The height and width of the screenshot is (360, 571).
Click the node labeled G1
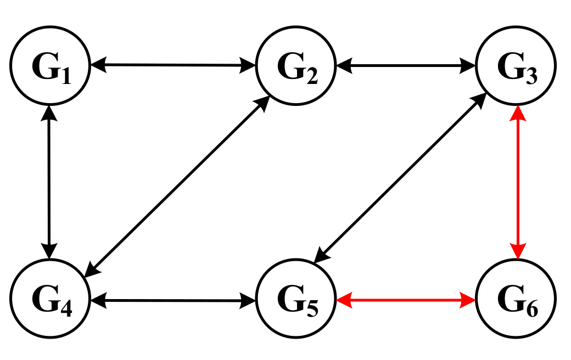click(x=50, y=66)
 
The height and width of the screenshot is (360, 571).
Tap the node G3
click(x=516, y=66)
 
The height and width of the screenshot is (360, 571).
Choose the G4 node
click(x=50, y=300)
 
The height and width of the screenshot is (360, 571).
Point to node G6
click(x=516, y=300)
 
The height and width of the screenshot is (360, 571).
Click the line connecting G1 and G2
click(x=173, y=66)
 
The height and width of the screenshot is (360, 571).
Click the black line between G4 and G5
click(x=173, y=300)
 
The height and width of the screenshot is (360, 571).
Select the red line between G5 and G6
click(x=406, y=300)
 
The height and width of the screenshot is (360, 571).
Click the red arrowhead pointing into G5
click(x=344, y=300)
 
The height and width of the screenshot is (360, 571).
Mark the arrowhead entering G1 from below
click(x=50, y=113)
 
